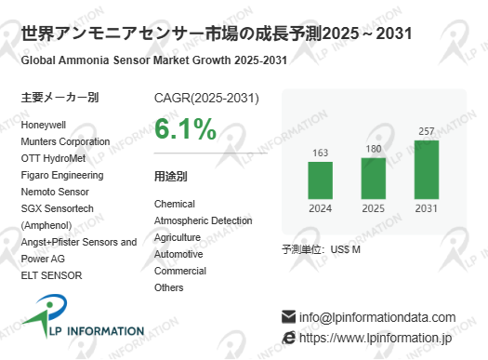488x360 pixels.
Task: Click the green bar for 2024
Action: click(321, 180)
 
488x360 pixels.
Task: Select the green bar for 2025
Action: click(373, 179)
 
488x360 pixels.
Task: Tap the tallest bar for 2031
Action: click(427, 169)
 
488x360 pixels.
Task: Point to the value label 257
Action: click(427, 131)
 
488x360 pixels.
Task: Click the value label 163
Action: click(321, 153)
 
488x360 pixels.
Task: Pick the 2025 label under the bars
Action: click(373, 208)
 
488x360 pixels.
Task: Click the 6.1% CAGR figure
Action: click(186, 129)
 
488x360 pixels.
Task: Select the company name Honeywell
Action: click(44, 126)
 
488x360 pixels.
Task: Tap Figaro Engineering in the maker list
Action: click(62, 175)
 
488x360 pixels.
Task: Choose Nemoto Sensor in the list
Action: click(55, 192)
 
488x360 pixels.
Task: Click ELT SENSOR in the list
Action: click(52, 275)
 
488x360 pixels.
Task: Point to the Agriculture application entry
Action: click(178, 237)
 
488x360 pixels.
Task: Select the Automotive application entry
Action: click(178, 254)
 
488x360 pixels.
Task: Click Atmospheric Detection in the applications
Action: click(204, 220)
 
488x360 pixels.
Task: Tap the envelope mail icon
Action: click(288, 316)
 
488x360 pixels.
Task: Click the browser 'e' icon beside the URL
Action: click(288, 338)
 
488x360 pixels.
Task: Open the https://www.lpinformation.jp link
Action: click(376, 339)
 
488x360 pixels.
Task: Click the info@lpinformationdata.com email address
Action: click(377, 317)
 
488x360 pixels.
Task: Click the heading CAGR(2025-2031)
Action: click(206, 98)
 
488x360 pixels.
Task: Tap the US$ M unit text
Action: click(346, 249)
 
